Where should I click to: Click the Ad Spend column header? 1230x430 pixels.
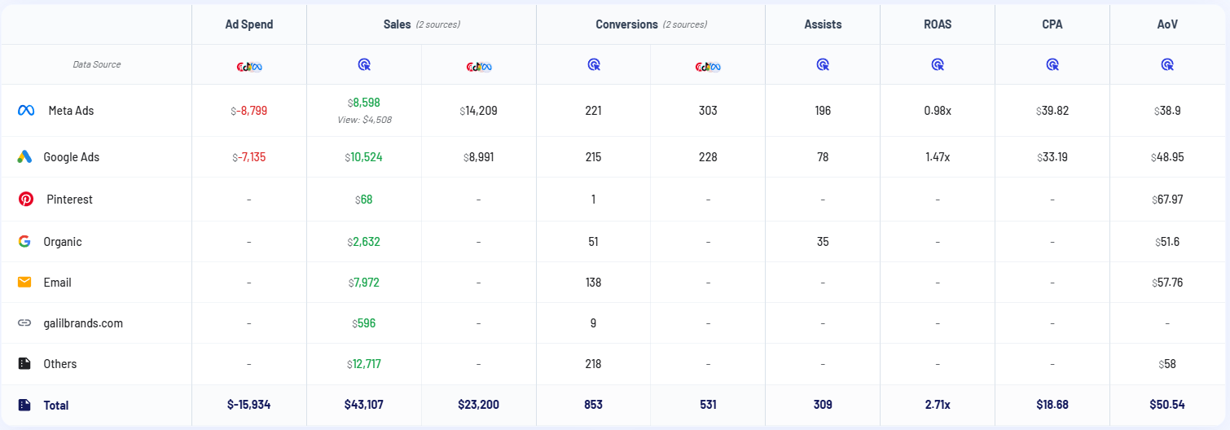pos(249,24)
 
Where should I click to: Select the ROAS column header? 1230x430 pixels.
pos(938,24)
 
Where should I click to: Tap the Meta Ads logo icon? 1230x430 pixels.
pos(25,110)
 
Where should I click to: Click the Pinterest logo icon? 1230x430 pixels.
pos(25,200)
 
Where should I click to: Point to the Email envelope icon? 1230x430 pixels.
pos(24,283)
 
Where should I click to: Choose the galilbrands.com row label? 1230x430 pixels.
pos(83,323)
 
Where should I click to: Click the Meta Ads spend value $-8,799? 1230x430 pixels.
pos(248,111)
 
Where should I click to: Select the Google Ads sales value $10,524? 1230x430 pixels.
pos(363,157)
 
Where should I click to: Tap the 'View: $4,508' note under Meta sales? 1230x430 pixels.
pos(363,119)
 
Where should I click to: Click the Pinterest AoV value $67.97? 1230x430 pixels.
pos(1166,200)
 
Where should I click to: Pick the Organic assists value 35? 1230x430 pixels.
pos(823,242)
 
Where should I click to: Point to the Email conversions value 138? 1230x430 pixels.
pos(593,283)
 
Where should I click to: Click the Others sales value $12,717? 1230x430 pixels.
pos(363,364)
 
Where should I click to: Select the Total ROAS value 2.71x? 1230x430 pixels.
pos(938,405)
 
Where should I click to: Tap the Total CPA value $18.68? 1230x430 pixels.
pos(1052,405)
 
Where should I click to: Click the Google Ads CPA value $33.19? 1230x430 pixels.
pos(1052,157)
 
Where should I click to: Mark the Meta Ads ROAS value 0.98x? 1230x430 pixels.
pos(938,111)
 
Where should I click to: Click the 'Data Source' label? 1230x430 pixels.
pos(97,64)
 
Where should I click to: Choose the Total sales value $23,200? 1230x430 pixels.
pos(478,405)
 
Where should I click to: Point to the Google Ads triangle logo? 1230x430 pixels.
pos(24,157)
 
